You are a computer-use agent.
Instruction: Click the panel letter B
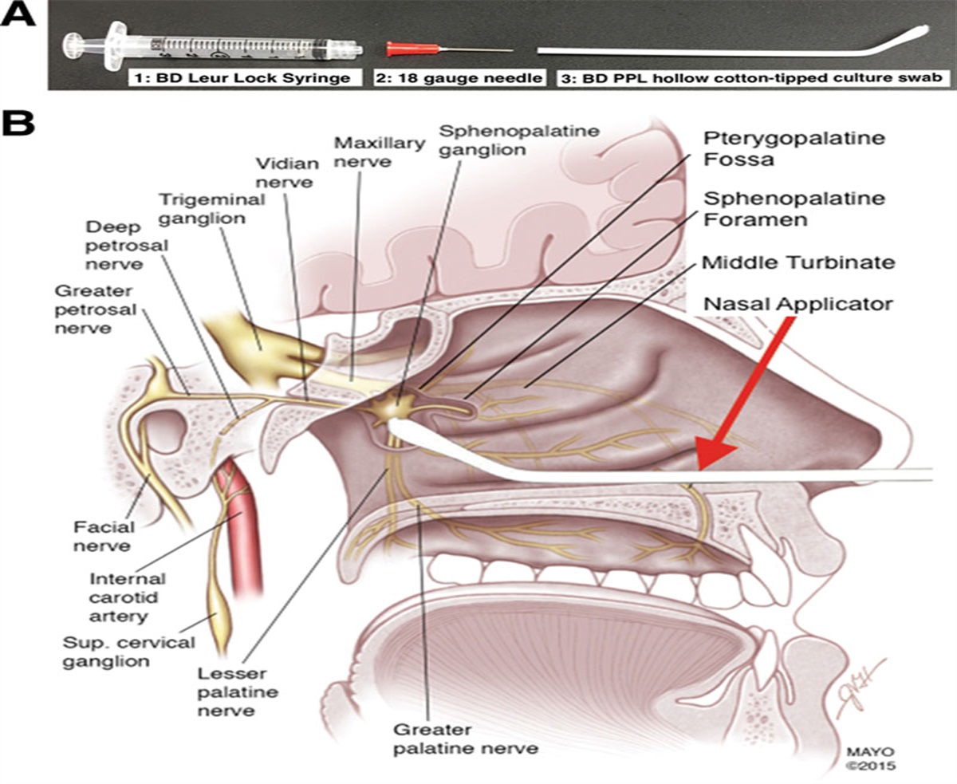coord(19,125)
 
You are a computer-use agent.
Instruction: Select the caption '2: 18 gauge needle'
coord(460,78)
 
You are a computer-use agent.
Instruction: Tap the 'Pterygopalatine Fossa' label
coord(773,148)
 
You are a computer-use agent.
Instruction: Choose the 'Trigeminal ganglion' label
coord(211,209)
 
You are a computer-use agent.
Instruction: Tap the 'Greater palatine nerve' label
coord(466,739)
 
